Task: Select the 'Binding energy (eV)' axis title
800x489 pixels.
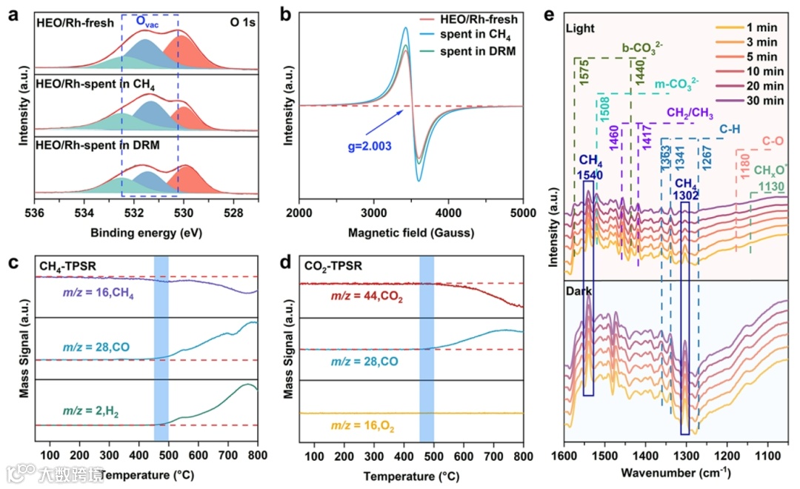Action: click(x=146, y=233)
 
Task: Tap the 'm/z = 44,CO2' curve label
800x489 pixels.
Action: click(x=361, y=299)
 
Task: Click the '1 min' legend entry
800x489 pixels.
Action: click(x=763, y=27)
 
